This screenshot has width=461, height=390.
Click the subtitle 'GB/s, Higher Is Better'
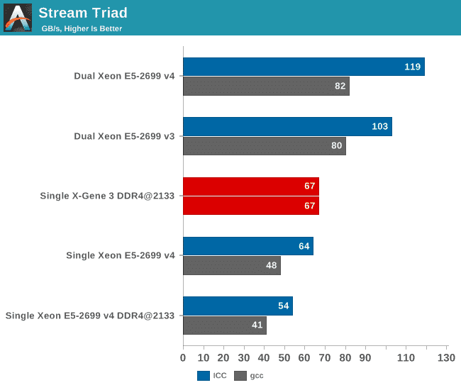[x=82, y=28]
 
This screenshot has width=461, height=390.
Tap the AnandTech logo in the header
[x=18, y=18]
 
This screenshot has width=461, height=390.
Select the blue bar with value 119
[x=304, y=67]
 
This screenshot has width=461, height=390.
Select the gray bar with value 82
[x=266, y=87]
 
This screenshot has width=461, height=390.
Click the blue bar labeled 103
[x=287, y=126]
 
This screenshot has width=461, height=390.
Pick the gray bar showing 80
[x=264, y=146]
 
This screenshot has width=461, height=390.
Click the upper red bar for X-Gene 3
[x=251, y=186]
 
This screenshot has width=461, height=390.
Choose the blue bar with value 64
[x=248, y=246]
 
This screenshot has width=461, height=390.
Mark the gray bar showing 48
[x=231, y=266]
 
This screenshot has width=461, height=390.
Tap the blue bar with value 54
[x=238, y=306]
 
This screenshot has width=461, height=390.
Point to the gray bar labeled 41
[x=224, y=325]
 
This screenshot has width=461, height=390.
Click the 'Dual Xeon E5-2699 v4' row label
[x=124, y=77]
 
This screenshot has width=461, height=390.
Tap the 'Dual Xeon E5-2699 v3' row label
[x=124, y=136]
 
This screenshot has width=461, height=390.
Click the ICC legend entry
[x=212, y=376]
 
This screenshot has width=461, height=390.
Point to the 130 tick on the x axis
[x=446, y=357]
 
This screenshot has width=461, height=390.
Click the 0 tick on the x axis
[x=183, y=357]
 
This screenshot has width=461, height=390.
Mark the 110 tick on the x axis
[x=406, y=357]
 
